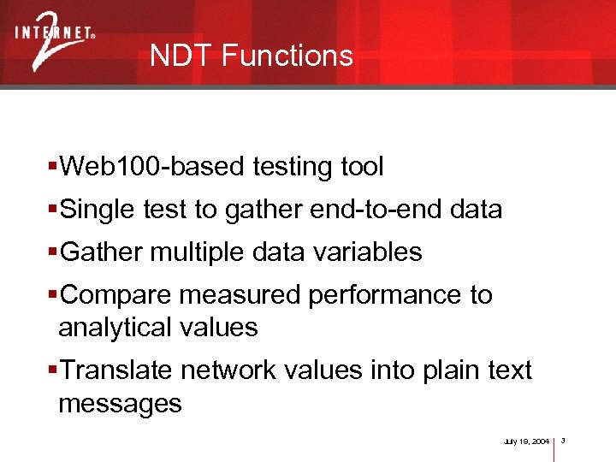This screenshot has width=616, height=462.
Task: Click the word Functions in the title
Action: [287, 56]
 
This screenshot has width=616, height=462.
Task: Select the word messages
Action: [120, 403]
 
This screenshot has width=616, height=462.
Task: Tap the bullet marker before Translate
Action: [53, 370]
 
